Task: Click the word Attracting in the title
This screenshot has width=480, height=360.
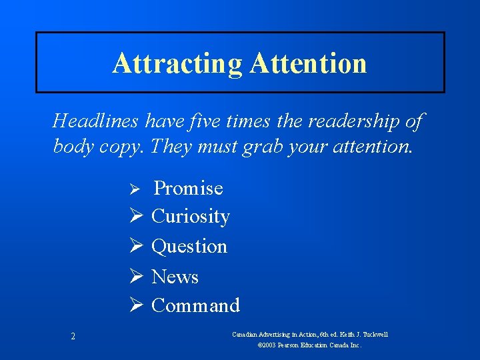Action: pos(177,64)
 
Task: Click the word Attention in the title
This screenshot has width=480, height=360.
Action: pos(309,64)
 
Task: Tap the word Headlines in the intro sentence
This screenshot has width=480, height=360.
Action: pos(93,121)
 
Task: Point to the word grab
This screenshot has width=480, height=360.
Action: pos(259,146)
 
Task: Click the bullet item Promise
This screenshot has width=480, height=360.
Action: pos(189,188)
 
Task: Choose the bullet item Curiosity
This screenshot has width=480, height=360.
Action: pos(191,217)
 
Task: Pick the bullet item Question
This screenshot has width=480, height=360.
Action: pos(189,247)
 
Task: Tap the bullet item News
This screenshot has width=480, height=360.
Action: pos(175,276)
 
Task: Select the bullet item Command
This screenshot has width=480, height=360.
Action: pos(195,305)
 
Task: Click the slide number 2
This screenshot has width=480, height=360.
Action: pos(73,337)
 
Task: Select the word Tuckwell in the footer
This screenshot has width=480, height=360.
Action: pos(375,334)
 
